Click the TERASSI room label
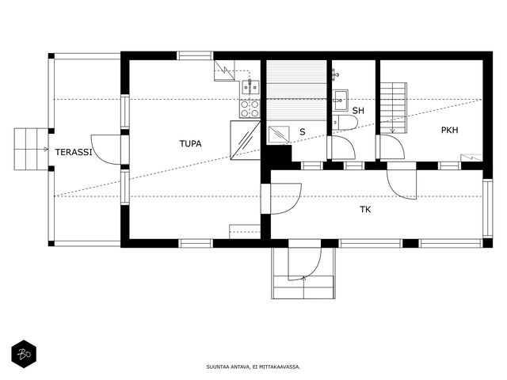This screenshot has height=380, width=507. click(x=74, y=152)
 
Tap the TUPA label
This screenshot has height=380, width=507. click(x=190, y=143)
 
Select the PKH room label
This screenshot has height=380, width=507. click(x=449, y=130)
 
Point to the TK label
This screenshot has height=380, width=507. click(x=365, y=209)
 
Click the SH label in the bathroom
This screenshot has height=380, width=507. click(x=358, y=111)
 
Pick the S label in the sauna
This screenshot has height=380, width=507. click(x=303, y=131)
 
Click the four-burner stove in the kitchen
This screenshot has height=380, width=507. click(x=250, y=108)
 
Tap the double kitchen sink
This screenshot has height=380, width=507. click(x=250, y=87)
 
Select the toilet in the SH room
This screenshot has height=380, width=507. click(x=345, y=122)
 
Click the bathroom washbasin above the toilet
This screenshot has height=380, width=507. click(x=340, y=100)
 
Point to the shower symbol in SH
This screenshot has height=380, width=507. click(x=336, y=74)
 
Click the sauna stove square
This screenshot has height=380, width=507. click(x=279, y=135)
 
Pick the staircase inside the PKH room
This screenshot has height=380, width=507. click(x=393, y=108)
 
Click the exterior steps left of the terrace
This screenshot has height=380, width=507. click(x=32, y=149)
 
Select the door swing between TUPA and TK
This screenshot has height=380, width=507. click(x=286, y=199)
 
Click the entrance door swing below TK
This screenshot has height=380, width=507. click(x=305, y=264)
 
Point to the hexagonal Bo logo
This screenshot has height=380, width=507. click(x=24, y=354)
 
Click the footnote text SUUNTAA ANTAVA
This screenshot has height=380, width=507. click(x=228, y=367)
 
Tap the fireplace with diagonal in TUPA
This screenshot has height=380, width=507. click(x=246, y=140)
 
